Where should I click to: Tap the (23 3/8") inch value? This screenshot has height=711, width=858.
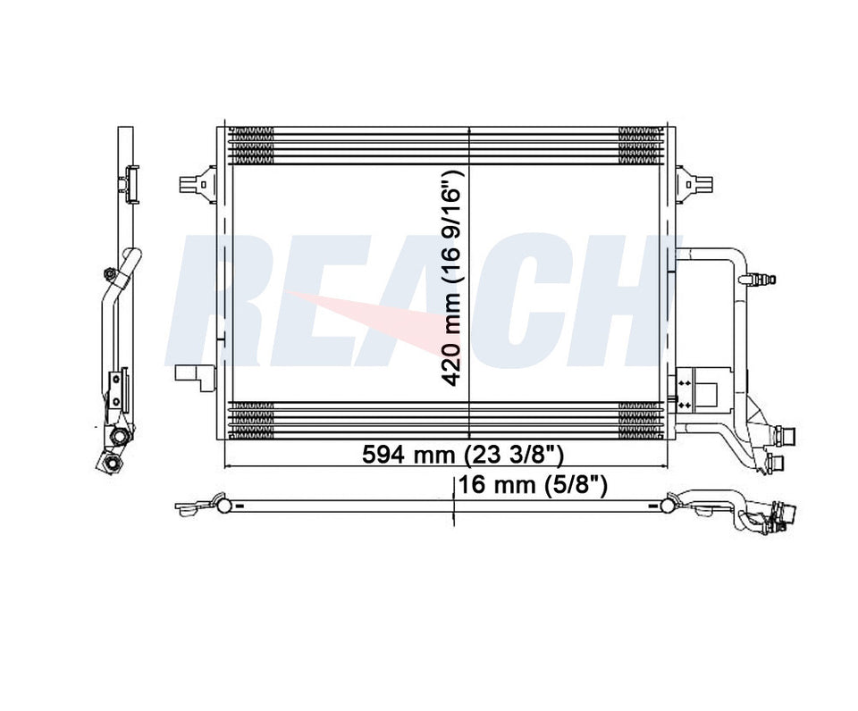pos(514,454)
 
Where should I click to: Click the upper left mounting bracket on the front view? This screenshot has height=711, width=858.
pos(198,182)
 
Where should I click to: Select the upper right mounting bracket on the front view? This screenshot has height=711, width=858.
pos(695,182)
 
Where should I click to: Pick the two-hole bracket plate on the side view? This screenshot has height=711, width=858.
pos(114,390)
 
